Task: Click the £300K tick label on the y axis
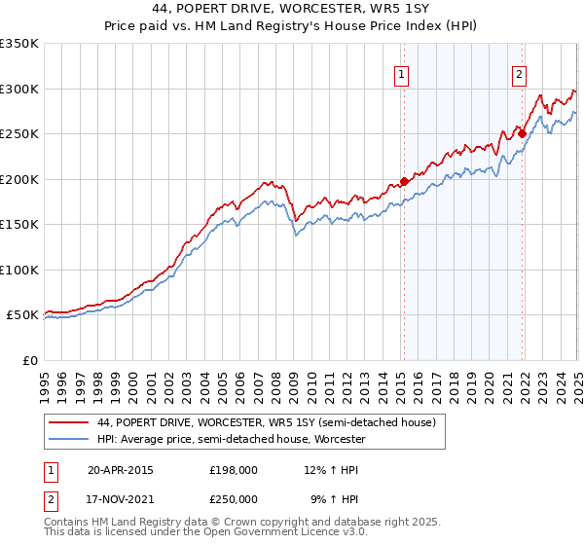(19, 89)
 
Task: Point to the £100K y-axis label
(19, 270)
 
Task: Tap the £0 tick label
(30, 360)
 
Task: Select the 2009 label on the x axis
(292, 379)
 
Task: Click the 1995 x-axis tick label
(44, 379)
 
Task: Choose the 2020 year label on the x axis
(488, 379)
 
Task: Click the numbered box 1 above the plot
(402, 73)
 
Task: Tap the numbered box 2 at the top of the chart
(520, 73)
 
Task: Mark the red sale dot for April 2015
(404, 181)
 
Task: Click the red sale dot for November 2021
(522, 133)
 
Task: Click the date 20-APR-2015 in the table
(120, 469)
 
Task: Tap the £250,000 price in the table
(234, 499)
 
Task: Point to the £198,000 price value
(234, 469)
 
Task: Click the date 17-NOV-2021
(121, 499)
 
